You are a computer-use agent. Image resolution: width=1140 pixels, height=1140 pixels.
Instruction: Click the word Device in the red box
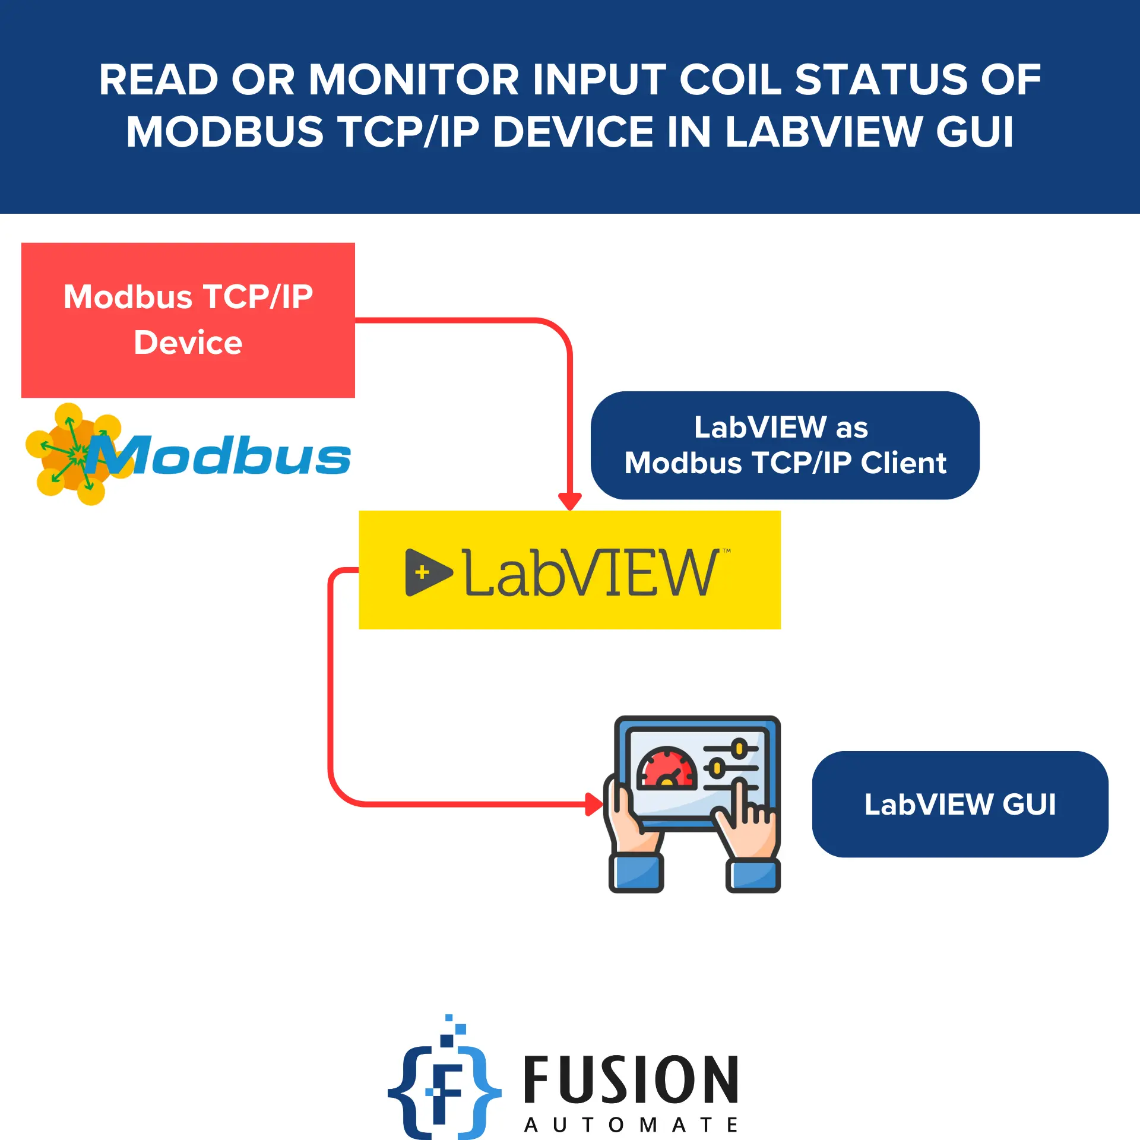188,343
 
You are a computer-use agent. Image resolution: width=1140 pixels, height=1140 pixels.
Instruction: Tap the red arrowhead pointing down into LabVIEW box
570,500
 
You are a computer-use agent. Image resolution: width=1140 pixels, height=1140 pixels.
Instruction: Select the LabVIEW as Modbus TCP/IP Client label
784,445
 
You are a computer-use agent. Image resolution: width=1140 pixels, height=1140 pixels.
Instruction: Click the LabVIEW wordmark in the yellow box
591,572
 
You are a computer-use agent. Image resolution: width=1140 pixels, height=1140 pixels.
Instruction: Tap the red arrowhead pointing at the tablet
593,805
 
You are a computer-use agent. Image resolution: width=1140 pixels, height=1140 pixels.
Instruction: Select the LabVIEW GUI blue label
959,805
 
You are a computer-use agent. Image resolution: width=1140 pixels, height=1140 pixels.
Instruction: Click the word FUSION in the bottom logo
631,1081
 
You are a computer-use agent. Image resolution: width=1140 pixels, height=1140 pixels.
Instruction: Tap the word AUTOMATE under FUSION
631,1125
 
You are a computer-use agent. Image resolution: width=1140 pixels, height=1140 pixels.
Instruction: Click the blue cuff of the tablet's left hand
636,873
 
